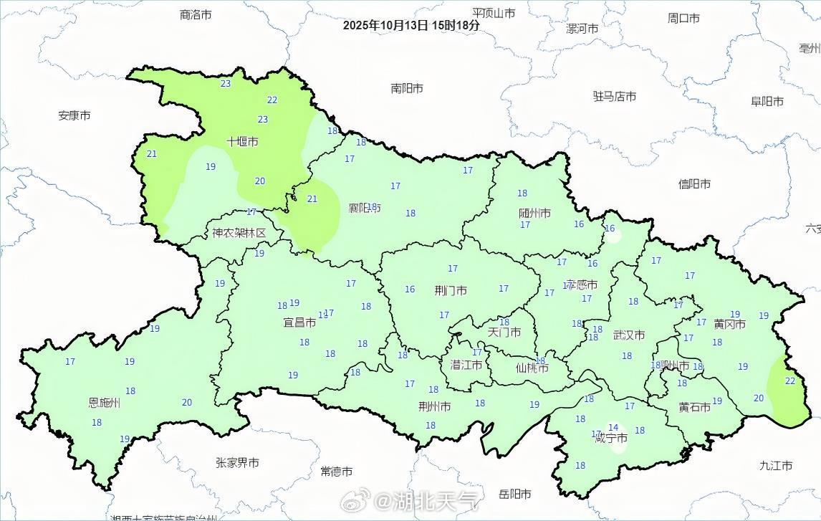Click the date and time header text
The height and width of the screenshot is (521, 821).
click(x=410, y=24)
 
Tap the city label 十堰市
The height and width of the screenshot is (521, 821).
click(x=242, y=142)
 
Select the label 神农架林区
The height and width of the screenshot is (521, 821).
click(x=239, y=233)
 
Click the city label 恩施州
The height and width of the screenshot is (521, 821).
click(x=104, y=403)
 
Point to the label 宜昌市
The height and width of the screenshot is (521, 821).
click(x=299, y=323)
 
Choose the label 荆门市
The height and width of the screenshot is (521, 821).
click(x=451, y=290)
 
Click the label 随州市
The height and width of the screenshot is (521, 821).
click(x=534, y=213)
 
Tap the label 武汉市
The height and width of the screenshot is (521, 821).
click(x=629, y=335)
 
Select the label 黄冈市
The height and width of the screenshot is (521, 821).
click(x=729, y=324)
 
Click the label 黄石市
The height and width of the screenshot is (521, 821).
click(x=694, y=407)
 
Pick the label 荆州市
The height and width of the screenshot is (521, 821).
click(x=435, y=406)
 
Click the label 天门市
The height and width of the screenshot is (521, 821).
click(x=504, y=332)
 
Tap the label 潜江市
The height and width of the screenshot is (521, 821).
click(x=466, y=364)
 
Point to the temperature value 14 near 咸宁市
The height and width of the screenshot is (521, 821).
click(x=613, y=428)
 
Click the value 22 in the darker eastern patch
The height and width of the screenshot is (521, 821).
click(x=789, y=381)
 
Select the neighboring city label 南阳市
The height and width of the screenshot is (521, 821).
click(x=407, y=88)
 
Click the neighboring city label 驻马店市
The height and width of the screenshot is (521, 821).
click(x=614, y=96)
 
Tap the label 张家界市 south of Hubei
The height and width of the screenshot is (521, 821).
click(x=237, y=463)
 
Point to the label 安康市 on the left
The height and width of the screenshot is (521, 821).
click(x=75, y=115)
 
